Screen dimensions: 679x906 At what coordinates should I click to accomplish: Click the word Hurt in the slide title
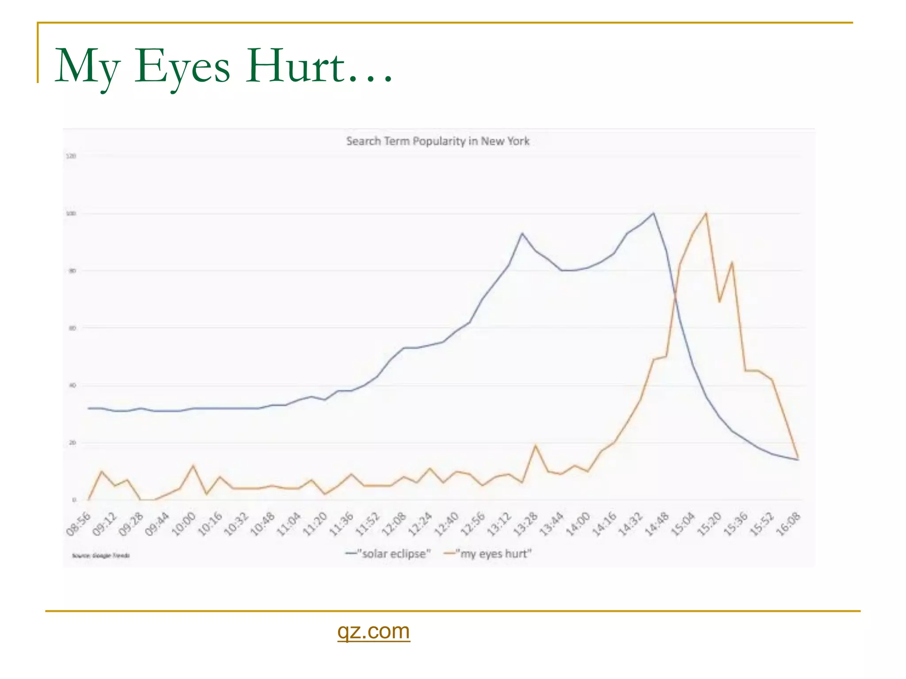pos(295,66)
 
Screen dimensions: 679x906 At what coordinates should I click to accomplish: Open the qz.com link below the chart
pos(373,631)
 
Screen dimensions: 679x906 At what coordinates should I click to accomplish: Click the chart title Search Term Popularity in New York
pos(438,141)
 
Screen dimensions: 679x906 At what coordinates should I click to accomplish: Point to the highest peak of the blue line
pos(653,213)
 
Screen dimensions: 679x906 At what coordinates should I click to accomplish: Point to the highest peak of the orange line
pos(706,213)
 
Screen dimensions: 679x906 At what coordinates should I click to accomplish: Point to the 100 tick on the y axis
pos(71,214)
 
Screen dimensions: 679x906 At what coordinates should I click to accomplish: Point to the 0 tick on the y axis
pos(74,500)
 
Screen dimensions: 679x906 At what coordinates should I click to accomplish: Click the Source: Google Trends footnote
pos(101,555)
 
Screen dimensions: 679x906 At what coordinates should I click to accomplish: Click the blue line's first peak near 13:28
pos(522,233)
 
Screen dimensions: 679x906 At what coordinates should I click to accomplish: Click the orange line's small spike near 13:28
pos(536,445)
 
